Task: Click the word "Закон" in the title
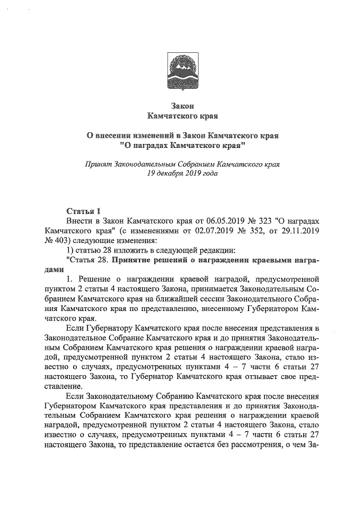(x=181, y=106)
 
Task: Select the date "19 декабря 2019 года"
(x=181, y=174)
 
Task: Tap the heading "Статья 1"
(x=83, y=211)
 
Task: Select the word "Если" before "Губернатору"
(x=74, y=328)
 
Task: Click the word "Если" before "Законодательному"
(x=74, y=396)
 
